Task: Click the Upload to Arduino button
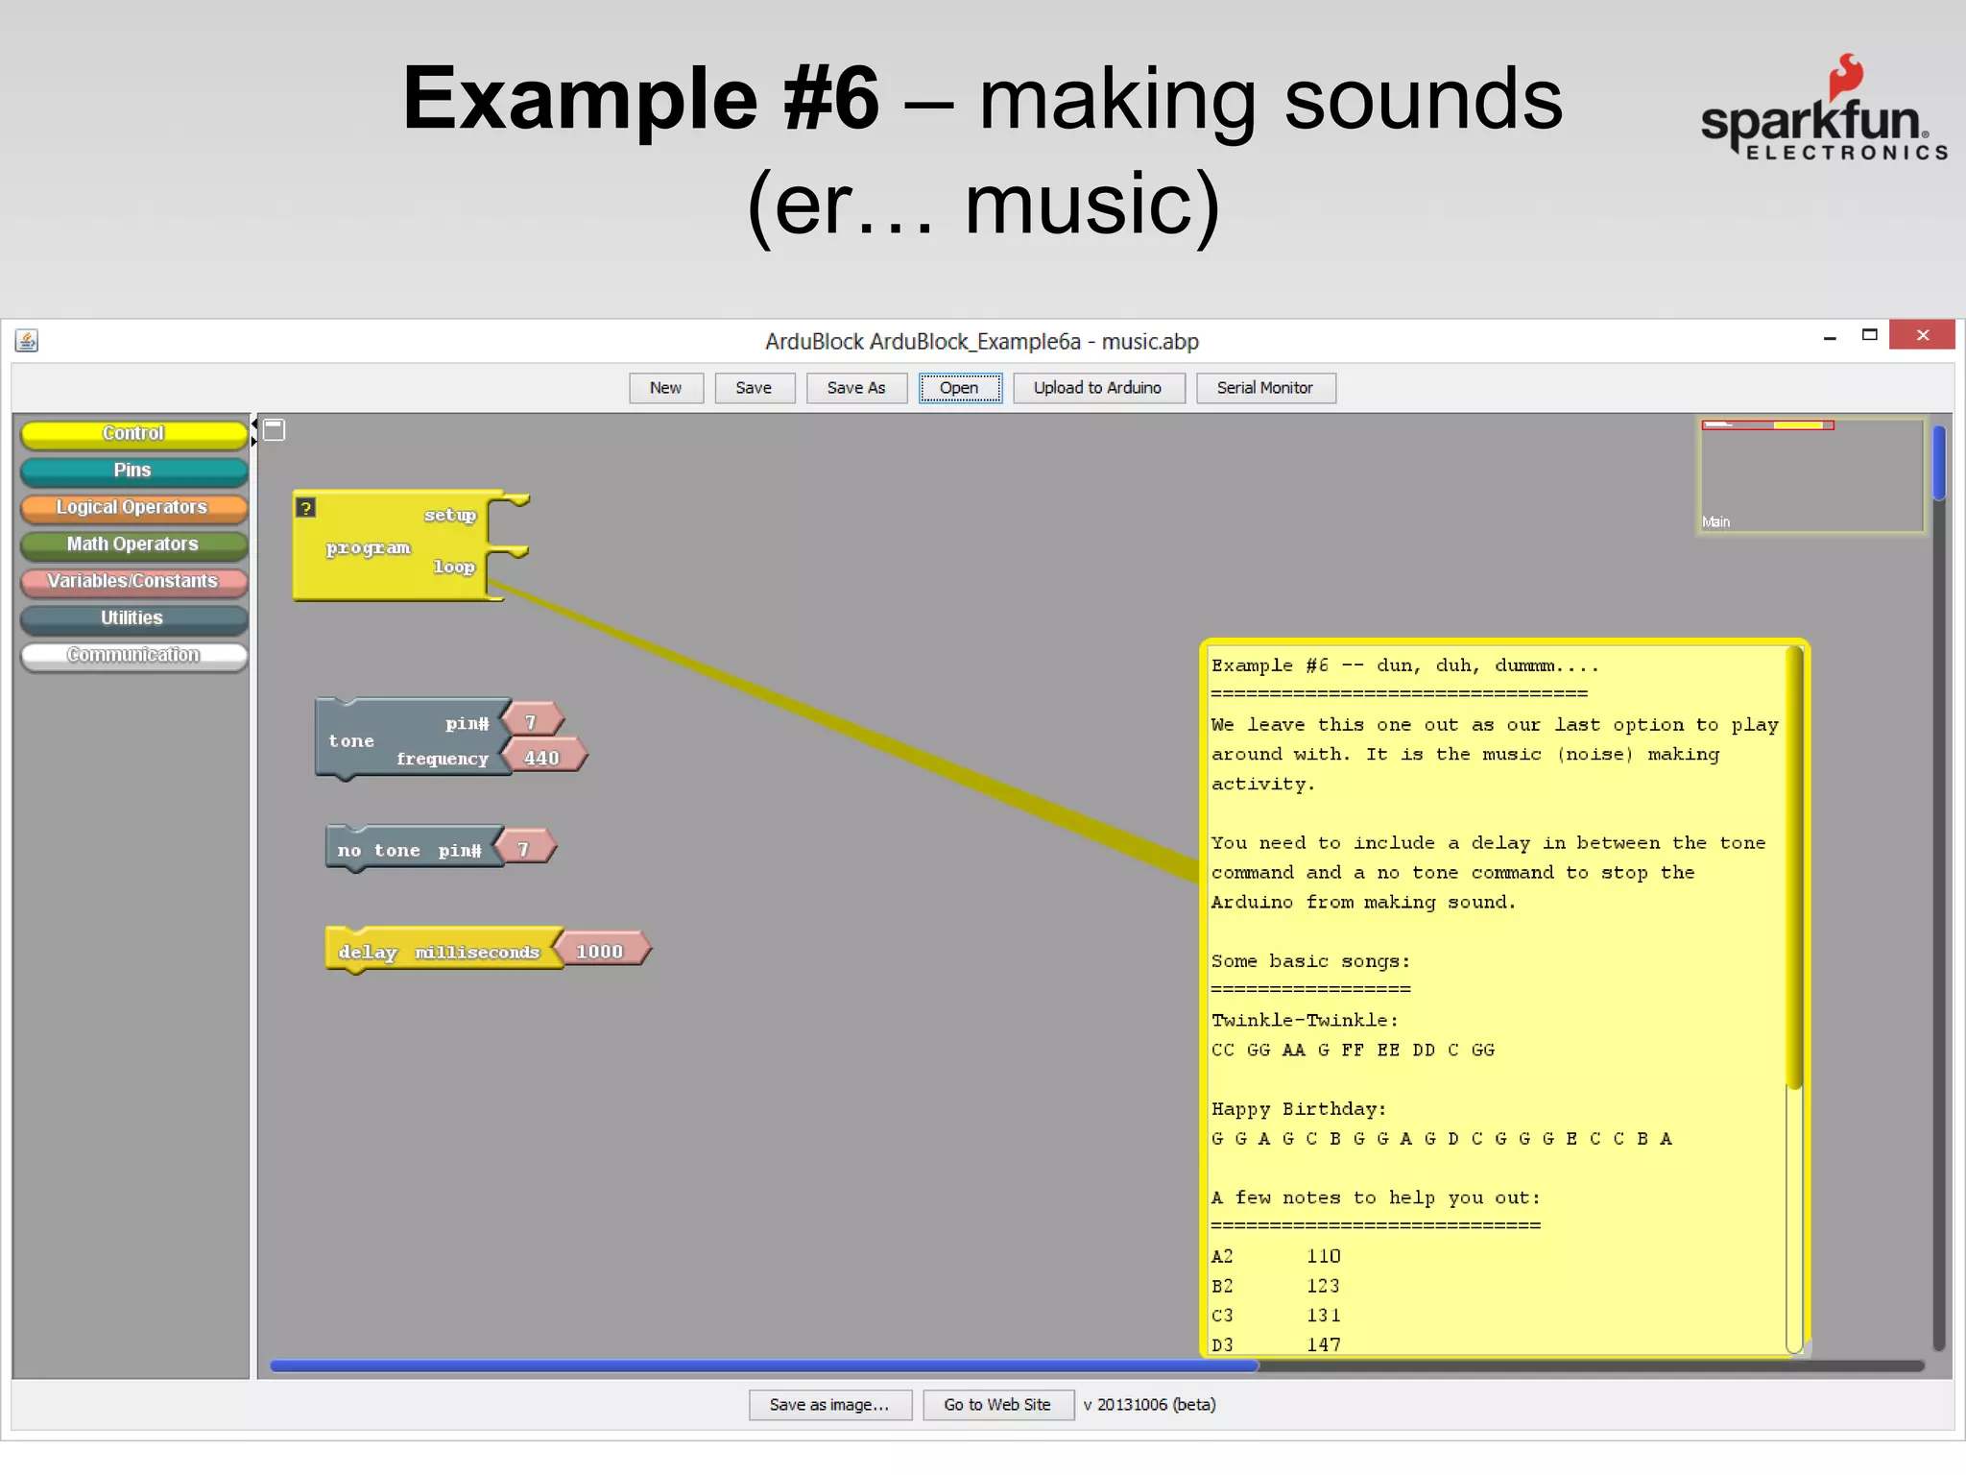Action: pyautogui.click(x=1097, y=388)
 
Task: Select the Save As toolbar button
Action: pyautogui.click(x=855, y=388)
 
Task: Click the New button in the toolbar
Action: pyautogui.click(x=665, y=388)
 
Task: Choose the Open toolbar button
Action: pyautogui.click(x=959, y=388)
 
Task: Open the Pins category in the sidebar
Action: pyautogui.click(x=133, y=471)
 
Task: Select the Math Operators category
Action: pyautogui.click(x=133, y=544)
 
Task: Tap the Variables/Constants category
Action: pyautogui.click(x=133, y=581)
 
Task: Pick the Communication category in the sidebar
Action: pyautogui.click(x=133, y=655)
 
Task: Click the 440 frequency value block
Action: pyautogui.click(x=542, y=758)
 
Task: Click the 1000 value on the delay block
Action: pyautogui.click(x=601, y=951)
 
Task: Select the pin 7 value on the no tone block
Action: pyautogui.click(x=524, y=849)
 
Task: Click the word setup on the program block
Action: pyautogui.click(x=449, y=515)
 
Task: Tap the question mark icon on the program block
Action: pyautogui.click(x=305, y=507)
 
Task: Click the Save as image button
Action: pyautogui.click(x=829, y=1404)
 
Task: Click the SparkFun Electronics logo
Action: pyautogui.click(x=1823, y=110)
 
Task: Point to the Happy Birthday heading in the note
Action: pyautogui.click(x=1298, y=1109)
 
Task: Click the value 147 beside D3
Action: pyautogui.click(x=1323, y=1344)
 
